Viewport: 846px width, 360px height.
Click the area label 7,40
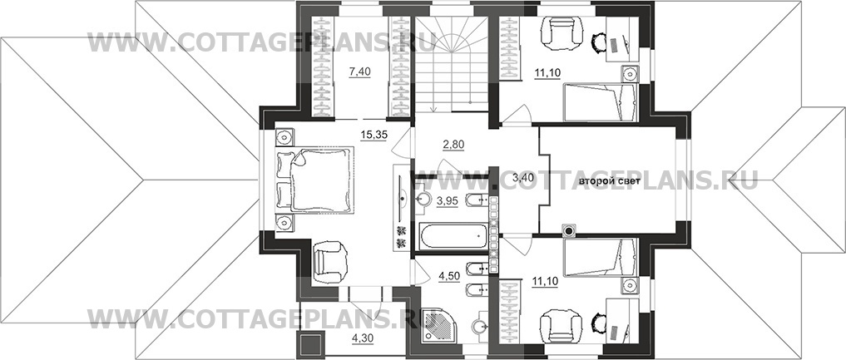tap(360, 72)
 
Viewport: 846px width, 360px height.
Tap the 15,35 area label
tap(373, 136)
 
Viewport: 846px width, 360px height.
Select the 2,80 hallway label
tap(453, 145)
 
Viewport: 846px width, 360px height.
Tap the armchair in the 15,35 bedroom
tap(329, 262)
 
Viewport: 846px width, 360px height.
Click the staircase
tap(451, 63)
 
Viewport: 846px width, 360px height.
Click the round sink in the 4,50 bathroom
tap(479, 326)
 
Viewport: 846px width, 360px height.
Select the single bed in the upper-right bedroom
tap(601, 102)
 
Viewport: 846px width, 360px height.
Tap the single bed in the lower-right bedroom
tap(601, 257)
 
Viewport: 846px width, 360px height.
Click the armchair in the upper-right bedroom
tap(562, 33)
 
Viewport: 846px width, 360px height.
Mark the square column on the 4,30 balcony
tap(311, 344)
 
